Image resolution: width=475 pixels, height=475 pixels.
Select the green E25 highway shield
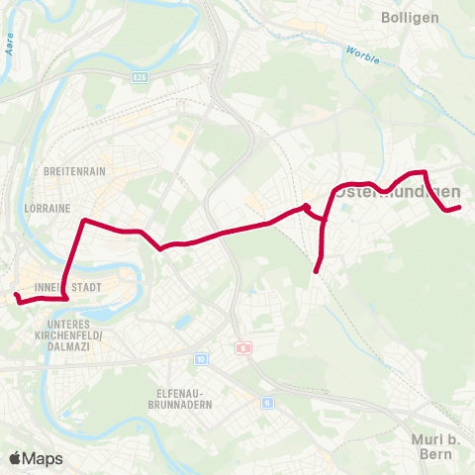(x=140, y=75)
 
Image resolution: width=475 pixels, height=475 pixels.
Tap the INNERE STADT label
(x=61, y=288)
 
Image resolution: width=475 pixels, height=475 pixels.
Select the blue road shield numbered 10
(x=201, y=359)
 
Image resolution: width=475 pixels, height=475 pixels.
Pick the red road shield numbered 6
(x=242, y=348)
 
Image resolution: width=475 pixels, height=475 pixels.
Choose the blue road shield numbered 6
(x=267, y=402)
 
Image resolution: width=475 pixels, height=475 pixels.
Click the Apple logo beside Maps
(x=15, y=458)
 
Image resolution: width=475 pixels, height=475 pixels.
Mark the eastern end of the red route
(x=460, y=206)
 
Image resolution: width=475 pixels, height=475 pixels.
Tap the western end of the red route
(x=15, y=295)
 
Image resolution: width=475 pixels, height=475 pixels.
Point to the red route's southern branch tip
(x=316, y=271)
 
